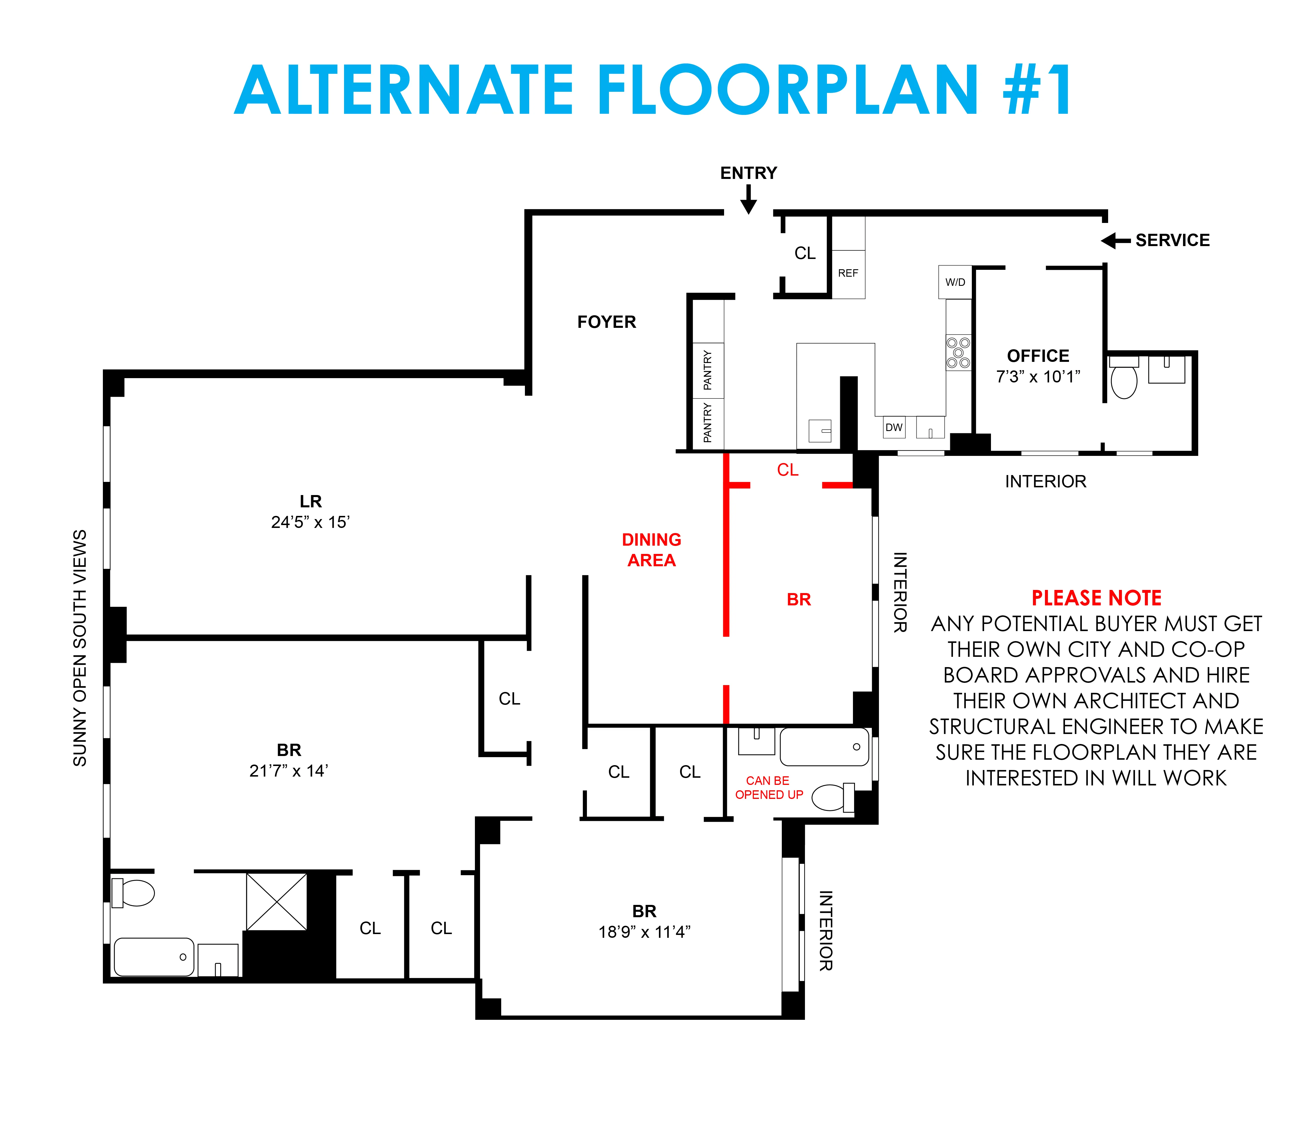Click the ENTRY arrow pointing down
tap(748, 200)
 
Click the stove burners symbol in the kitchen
tap(958, 353)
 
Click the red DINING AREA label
tap(651, 550)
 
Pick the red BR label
tap(798, 599)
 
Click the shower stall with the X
tap(277, 901)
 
